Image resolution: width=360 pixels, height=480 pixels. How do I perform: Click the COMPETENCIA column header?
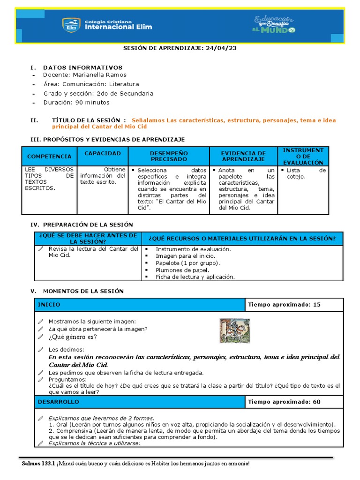click(x=49, y=156)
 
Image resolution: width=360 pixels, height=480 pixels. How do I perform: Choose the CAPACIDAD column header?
click(x=103, y=153)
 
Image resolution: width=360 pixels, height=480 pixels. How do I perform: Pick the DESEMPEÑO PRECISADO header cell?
click(x=168, y=156)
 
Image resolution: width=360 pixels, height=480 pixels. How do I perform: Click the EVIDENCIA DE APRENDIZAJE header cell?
click(x=243, y=156)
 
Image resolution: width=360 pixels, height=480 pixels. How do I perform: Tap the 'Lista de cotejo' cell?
click(x=306, y=173)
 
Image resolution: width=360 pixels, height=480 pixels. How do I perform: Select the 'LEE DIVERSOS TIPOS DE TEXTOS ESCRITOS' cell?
click(x=49, y=179)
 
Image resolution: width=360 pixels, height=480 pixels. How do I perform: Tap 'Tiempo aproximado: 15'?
click(x=284, y=305)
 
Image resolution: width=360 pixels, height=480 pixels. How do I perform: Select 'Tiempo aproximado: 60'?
click(x=284, y=402)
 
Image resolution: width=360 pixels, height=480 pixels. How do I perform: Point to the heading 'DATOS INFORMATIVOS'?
click(x=82, y=67)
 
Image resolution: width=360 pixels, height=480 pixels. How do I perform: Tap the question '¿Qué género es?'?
click(x=73, y=337)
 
